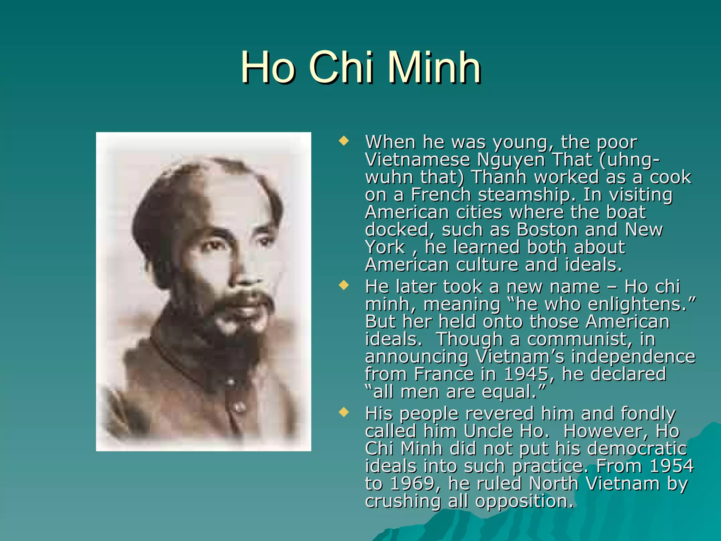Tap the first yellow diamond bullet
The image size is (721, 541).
[x=343, y=142]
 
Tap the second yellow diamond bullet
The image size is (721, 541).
[x=343, y=285]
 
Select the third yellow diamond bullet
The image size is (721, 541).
[x=343, y=412]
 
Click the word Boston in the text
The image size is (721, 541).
[x=547, y=230]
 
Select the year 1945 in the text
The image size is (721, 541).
[x=526, y=374]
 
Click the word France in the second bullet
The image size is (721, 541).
[x=444, y=374]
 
